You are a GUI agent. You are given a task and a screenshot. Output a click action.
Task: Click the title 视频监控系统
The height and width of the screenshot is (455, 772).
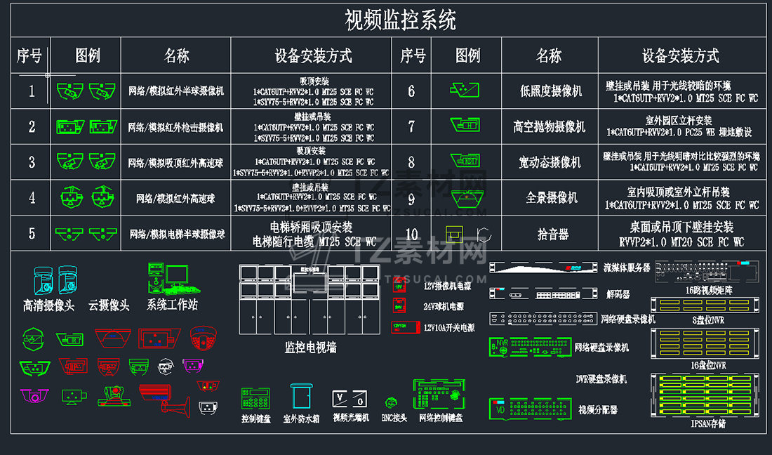[400, 20]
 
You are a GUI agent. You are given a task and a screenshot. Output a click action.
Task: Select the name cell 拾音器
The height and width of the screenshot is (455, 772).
[552, 234]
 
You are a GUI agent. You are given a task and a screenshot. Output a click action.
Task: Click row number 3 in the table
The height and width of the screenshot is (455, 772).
[32, 162]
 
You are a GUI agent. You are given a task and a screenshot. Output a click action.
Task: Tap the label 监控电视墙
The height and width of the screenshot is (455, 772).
[310, 347]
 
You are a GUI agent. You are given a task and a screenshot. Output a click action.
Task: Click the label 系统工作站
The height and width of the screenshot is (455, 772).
[172, 305]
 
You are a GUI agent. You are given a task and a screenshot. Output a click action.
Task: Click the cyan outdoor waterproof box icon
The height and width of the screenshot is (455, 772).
[301, 397]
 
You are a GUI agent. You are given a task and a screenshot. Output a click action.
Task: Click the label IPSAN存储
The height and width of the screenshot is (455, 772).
[707, 423]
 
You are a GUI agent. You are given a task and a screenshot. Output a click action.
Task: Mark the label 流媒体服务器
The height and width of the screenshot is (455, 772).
[627, 268]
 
